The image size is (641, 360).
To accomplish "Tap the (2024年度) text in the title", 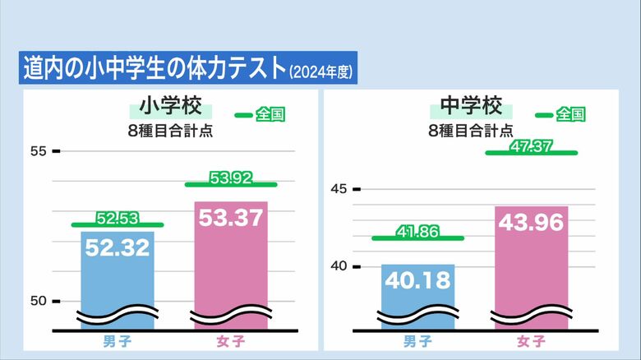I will point(321,72).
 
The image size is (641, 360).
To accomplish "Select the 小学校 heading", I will point(169,108).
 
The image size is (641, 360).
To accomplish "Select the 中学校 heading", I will point(470,108).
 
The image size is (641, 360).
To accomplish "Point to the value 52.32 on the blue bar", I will point(118,247).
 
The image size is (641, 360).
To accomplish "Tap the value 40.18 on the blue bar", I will point(418,280).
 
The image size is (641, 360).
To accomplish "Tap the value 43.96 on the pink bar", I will point(531,223).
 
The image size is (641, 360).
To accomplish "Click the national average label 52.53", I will point(117,219).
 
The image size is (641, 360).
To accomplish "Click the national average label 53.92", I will point(231,178).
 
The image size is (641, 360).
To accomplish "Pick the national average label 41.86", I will point(417,232).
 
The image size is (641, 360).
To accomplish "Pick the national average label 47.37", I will point(531,146).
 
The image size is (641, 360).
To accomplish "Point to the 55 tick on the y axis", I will point(39,151).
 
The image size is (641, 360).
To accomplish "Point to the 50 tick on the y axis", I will point(39,301).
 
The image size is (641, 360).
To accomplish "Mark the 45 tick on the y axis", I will point(339,189).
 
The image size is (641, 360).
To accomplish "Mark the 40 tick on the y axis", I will point(339,266).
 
